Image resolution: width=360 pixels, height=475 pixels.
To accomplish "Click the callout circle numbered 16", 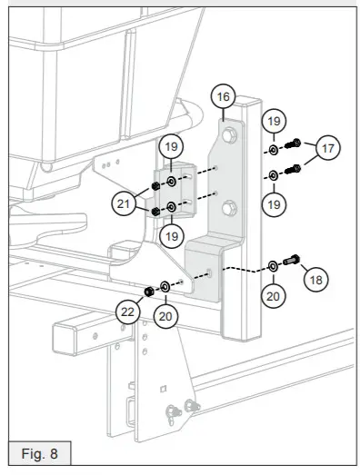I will [x=223, y=95].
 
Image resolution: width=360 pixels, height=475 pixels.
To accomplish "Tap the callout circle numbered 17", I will [x=330, y=149].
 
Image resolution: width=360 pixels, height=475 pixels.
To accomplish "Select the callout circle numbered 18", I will [x=315, y=280].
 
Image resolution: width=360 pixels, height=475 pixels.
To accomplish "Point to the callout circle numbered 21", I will [x=125, y=204].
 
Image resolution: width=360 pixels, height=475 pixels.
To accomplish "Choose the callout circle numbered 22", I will [x=130, y=311].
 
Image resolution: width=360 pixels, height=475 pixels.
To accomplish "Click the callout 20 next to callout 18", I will [x=273, y=293].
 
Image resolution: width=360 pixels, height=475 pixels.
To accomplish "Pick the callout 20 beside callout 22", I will [x=165, y=315].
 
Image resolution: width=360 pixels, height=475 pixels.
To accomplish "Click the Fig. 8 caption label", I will [x=39, y=451].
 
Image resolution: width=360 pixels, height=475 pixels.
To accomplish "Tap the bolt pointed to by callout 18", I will [x=292, y=262].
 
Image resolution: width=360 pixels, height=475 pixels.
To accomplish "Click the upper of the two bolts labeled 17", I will [x=294, y=144].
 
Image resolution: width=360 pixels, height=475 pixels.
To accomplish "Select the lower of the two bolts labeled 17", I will [x=294, y=168].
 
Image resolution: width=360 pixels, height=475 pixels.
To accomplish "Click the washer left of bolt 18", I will [x=273, y=266].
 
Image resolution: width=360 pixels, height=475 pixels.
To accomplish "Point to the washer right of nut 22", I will [x=165, y=288].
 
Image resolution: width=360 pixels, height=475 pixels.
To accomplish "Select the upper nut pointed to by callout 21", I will [x=156, y=187].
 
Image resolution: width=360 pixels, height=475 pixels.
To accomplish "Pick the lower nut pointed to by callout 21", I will [x=156, y=212].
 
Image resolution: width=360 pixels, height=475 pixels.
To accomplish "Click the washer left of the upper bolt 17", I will [x=274, y=148].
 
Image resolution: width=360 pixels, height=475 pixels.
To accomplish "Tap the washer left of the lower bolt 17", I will [x=274, y=173].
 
